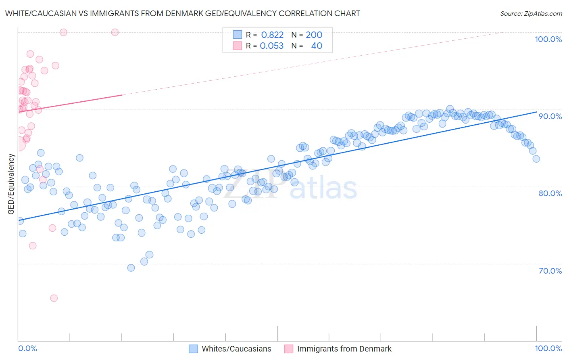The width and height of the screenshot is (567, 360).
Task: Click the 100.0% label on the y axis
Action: [548, 39]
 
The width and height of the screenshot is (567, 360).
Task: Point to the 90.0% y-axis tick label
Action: [550, 116]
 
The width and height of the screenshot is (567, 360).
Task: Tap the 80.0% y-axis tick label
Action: [550, 193]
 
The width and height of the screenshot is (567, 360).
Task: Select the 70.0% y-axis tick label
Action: [550, 271]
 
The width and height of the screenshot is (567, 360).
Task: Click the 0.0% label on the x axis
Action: [27, 348]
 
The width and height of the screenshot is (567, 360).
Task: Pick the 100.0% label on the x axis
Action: [548, 348]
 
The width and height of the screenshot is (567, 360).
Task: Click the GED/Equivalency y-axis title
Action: [11, 184]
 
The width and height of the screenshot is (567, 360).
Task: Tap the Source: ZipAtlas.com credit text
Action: [531, 14]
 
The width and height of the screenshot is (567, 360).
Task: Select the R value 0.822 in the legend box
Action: [272, 35]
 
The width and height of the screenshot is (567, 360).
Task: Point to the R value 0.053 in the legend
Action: [271, 46]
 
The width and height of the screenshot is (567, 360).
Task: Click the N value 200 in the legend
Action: [314, 35]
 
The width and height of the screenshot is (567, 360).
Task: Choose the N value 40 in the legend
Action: [317, 46]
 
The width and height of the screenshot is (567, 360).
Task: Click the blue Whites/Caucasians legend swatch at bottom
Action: [194, 349]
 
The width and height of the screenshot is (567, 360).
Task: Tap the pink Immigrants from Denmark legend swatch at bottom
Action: [288, 349]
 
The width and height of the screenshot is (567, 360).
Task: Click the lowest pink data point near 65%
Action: [54, 298]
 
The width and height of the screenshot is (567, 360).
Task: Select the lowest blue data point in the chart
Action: [131, 268]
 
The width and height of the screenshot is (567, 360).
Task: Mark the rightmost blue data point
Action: [536, 159]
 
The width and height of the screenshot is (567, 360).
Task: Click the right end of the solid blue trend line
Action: [536, 112]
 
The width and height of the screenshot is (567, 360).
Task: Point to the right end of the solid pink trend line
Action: [122, 95]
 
